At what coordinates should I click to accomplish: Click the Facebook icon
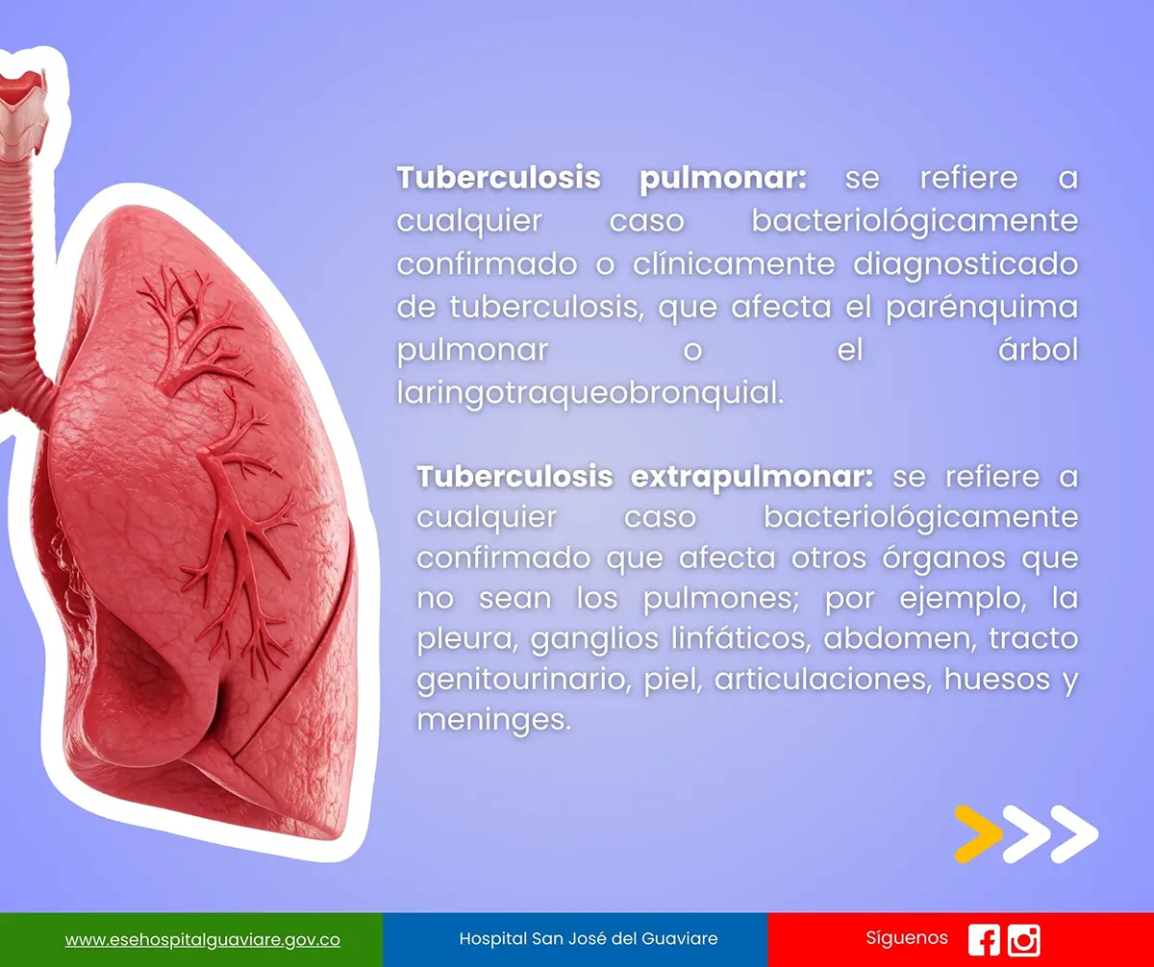984,940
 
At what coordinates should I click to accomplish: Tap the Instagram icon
1023,940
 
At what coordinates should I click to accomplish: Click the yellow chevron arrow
978,834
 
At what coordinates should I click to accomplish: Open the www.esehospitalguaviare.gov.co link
202,940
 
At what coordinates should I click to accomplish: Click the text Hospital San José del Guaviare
588,938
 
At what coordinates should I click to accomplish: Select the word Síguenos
907,938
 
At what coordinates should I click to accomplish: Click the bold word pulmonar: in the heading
723,179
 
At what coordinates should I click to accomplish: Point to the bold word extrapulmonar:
752,478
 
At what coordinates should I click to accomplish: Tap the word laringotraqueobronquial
590,394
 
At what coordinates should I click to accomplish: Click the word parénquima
982,308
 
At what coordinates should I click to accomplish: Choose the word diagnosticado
966,264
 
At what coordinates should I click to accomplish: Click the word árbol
1038,349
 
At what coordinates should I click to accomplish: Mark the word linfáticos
741,639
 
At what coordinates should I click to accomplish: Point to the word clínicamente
734,263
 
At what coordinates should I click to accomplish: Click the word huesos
996,679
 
